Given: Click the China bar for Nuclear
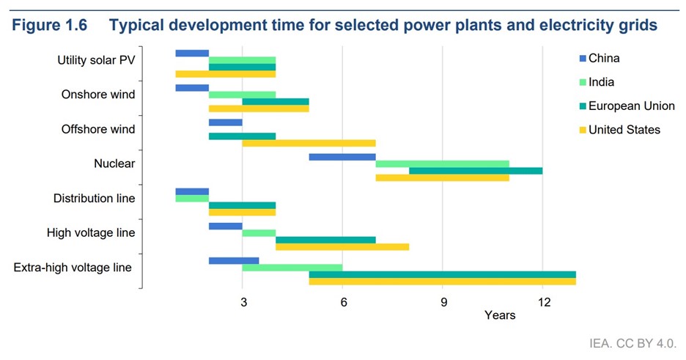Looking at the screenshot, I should point(342,157).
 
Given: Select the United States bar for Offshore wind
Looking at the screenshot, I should point(309,143).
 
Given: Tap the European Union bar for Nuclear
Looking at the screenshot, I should point(476,171).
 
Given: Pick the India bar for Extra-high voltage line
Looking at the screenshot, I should point(292,268).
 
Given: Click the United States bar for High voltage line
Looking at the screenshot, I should point(342,247).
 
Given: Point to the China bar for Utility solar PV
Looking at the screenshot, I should point(192,53).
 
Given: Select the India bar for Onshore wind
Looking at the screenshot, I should point(242,95).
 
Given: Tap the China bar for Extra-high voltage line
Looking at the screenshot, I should point(234,260).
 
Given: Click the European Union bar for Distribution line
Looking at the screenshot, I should point(242,205).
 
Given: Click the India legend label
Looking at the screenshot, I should point(602,82).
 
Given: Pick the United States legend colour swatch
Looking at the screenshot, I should point(583,130).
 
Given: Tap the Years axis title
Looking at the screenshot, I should point(500,316).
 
